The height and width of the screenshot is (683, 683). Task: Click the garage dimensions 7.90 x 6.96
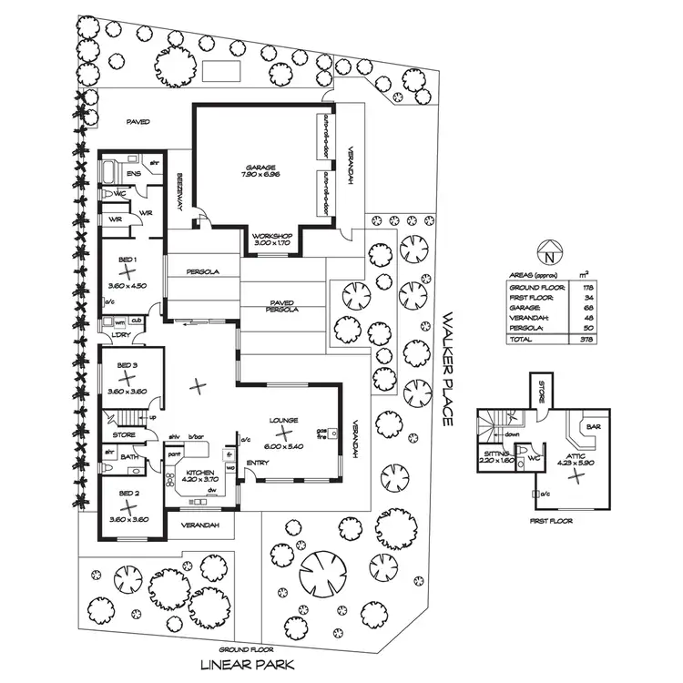260,175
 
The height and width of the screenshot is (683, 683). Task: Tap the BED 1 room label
127,260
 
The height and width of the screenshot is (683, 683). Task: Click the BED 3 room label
127,365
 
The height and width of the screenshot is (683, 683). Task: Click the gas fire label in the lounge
321,434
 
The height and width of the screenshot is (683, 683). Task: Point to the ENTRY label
258,463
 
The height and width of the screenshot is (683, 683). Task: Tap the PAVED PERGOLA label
283,306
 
